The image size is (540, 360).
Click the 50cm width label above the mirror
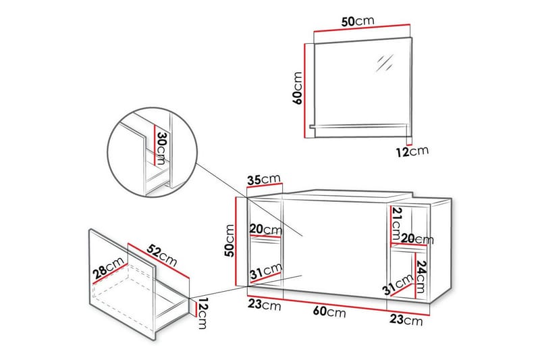(x=358, y=22)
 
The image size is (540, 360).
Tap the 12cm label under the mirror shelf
(x=412, y=151)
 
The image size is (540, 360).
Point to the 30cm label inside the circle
(x=161, y=148)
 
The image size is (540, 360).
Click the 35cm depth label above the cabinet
(x=263, y=180)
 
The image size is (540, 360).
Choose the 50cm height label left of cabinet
(x=230, y=240)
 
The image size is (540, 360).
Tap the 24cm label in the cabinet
(x=422, y=274)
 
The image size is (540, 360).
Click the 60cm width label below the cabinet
(x=331, y=313)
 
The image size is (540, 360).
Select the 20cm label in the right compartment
(x=417, y=239)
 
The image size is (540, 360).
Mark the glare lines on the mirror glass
(x=385, y=62)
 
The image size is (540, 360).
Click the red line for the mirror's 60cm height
(x=308, y=88)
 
